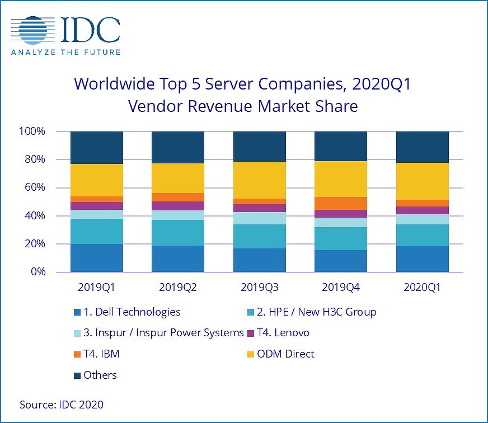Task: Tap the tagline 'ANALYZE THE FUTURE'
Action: click(x=65, y=53)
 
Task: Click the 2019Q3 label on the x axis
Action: click(x=260, y=288)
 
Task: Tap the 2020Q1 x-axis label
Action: click(x=423, y=288)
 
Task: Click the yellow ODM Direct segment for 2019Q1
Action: click(x=97, y=180)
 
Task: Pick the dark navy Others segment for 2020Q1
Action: click(x=423, y=147)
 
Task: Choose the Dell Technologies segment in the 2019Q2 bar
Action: click(x=178, y=258)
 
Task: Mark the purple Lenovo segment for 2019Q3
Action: click(x=260, y=208)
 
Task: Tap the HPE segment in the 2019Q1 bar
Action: click(x=97, y=231)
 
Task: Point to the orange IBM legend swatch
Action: click(x=77, y=354)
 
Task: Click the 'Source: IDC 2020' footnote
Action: click(x=62, y=404)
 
